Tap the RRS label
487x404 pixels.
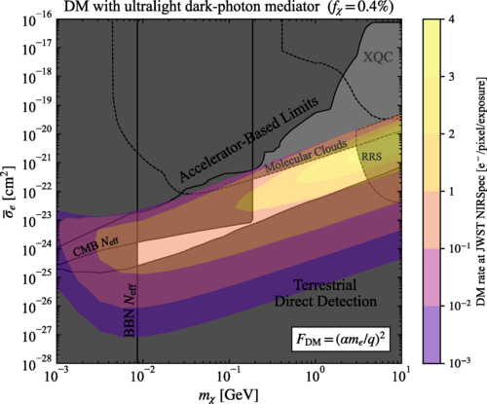[371, 156]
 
